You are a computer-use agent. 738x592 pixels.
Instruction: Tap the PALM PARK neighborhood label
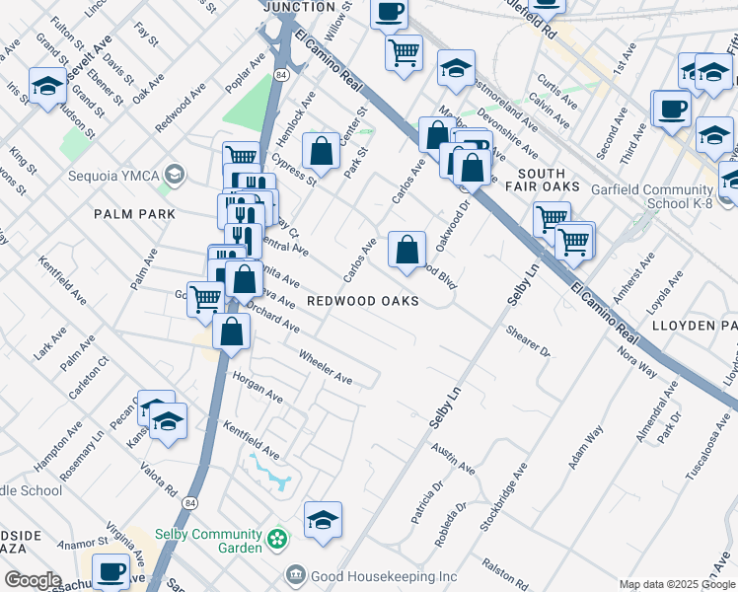click(x=134, y=214)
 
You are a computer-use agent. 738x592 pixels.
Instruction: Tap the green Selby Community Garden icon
click(x=277, y=541)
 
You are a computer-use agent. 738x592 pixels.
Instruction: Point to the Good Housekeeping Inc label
click(x=383, y=575)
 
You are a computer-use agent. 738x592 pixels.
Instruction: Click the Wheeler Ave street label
click(x=325, y=366)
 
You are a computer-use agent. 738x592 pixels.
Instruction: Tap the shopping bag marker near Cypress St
click(x=321, y=152)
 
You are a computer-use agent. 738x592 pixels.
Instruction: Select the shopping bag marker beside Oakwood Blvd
click(x=406, y=251)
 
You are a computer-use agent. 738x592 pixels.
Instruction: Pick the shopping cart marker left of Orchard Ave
click(x=205, y=298)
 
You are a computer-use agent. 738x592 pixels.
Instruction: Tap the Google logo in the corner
click(x=32, y=580)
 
